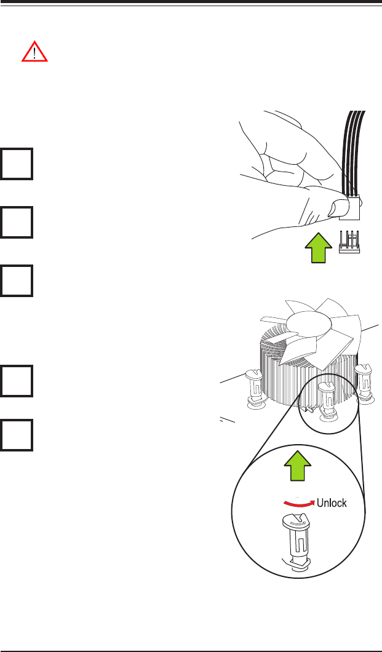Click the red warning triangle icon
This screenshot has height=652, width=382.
click(x=34, y=54)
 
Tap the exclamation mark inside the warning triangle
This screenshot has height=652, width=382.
click(x=34, y=55)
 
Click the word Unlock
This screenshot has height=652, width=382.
click(x=333, y=503)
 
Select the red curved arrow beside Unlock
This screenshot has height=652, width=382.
click(x=297, y=503)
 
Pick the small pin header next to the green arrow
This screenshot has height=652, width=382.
click(x=350, y=241)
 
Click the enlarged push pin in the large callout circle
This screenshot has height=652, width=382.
click(x=297, y=544)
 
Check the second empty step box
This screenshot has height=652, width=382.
click(x=17, y=222)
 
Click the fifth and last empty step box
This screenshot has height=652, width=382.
click(x=17, y=435)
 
